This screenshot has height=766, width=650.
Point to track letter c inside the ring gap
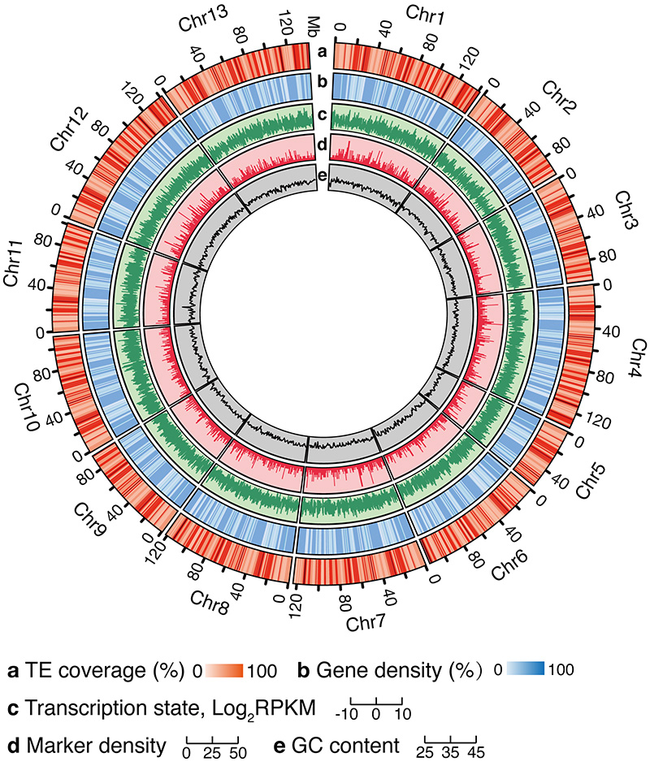pyautogui.click(x=322, y=114)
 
